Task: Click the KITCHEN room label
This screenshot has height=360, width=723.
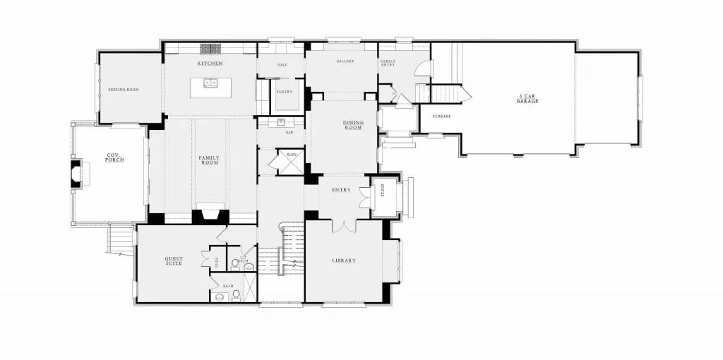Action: coord(210,64)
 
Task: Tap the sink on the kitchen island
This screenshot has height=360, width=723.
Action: coord(210,83)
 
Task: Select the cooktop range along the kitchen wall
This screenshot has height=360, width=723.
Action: coord(210,49)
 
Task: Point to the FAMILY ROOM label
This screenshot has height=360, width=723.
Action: coord(209,160)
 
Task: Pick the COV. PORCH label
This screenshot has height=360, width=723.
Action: coord(114,157)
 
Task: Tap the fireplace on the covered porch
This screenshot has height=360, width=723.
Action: coord(77,174)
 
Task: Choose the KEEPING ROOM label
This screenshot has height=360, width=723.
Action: coord(123,90)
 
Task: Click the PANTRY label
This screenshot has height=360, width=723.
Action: coord(284,92)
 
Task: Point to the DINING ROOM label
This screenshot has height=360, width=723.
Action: coord(353,125)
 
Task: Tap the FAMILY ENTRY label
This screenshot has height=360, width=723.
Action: coord(388,62)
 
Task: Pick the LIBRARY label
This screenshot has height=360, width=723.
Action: coord(344,260)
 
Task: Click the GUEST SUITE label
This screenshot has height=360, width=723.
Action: coord(174,260)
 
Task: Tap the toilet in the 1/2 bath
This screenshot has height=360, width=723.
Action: coord(236,263)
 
